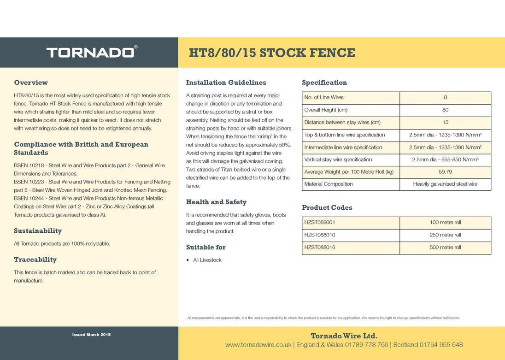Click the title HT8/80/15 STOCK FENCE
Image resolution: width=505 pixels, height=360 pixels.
(x=272, y=53)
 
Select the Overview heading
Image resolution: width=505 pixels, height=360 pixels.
(x=31, y=83)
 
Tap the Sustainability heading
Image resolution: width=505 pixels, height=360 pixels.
(x=38, y=231)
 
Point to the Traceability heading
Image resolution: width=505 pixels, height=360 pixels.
(x=35, y=260)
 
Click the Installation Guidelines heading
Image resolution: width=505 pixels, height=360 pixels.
(x=226, y=83)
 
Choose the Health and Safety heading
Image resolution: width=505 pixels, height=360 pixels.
(x=216, y=202)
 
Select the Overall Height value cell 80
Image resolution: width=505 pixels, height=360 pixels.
(x=445, y=110)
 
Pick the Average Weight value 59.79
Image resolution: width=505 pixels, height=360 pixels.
(x=445, y=172)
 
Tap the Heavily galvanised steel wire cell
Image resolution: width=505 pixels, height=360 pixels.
(x=445, y=184)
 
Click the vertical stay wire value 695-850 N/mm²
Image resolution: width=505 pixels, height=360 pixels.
(x=445, y=159)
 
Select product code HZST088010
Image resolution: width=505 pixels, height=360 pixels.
(x=320, y=235)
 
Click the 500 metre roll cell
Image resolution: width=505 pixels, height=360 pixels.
(x=445, y=248)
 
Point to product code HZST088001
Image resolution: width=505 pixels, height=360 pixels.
(x=320, y=223)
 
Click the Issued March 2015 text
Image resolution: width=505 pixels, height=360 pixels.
(x=91, y=335)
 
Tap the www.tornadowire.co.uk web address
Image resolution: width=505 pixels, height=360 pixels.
(x=258, y=345)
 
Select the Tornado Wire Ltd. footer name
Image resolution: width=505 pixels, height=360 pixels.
(x=344, y=336)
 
